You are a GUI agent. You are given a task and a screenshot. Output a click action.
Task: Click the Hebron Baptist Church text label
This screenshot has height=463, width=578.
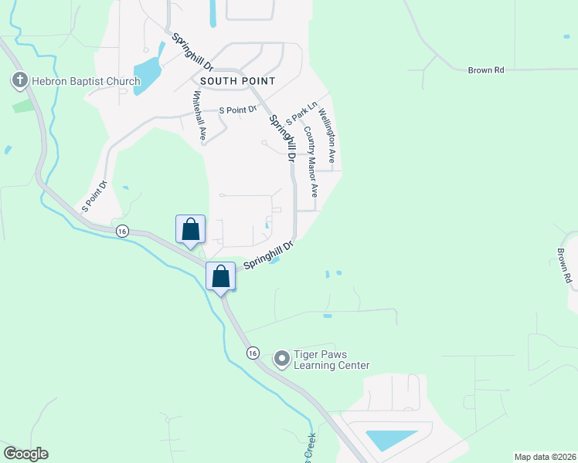pyautogui.click(x=85, y=81)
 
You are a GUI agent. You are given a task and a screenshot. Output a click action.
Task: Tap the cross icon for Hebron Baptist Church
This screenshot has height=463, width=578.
pyautogui.click(x=19, y=79)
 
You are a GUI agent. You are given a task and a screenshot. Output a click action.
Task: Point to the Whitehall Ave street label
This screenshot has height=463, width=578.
pyautogui.click(x=199, y=116)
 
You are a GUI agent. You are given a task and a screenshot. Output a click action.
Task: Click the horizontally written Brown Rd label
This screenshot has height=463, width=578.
pyautogui.click(x=486, y=70)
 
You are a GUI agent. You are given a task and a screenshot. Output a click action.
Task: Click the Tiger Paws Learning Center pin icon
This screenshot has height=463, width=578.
pyautogui.click(x=281, y=359)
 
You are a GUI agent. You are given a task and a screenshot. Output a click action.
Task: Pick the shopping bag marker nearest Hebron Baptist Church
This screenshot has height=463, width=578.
pyautogui.click(x=191, y=229)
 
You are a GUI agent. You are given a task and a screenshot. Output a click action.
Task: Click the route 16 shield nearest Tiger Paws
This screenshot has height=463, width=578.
pyautogui.click(x=252, y=353)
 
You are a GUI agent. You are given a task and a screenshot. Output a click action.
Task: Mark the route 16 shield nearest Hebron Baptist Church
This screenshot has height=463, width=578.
pyautogui.click(x=121, y=231)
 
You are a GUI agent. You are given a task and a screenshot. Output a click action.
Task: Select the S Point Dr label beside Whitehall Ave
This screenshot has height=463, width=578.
pyautogui.click(x=237, y=110)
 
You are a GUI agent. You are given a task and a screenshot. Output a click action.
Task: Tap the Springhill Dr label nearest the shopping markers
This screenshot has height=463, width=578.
pyautogui.click(x=270, y=255)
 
